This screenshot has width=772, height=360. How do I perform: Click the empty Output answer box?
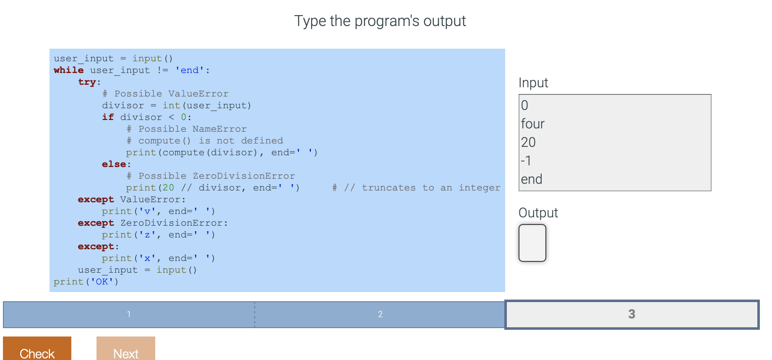coord(532,243)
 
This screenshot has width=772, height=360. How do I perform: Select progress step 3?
coord(631,314)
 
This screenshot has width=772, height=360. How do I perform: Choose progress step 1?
coord(129,314)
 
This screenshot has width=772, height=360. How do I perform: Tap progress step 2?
coord(380,314)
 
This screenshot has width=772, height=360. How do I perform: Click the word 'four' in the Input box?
coord(532,124)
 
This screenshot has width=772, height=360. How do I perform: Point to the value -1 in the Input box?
coord(526,161)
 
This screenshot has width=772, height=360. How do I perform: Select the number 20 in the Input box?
coord(528,142)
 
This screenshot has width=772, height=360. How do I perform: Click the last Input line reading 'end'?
coord(531,179)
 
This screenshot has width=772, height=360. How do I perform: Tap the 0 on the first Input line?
coord(524,105)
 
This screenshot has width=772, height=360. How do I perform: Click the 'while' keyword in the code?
coord(68,70)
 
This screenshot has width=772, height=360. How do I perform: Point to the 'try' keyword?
coord(87,82)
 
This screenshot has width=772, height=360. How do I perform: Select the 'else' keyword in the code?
coord(114,164)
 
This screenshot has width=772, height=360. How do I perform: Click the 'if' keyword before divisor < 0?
coord(108,117)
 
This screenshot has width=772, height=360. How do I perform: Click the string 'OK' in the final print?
coord(102,282)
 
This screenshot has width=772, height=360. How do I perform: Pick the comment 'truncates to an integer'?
coord(431,188)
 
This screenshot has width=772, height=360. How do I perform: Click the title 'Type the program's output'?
coord(380,21)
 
